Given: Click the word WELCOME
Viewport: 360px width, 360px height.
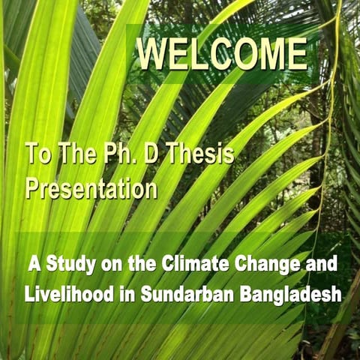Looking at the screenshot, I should tap(222, 55).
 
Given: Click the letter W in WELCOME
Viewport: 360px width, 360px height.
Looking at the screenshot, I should tap(152, 55).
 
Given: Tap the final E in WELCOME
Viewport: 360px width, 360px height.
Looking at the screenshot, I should tap(296, 55).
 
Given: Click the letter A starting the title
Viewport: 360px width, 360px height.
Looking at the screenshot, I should tap(34, 265).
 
